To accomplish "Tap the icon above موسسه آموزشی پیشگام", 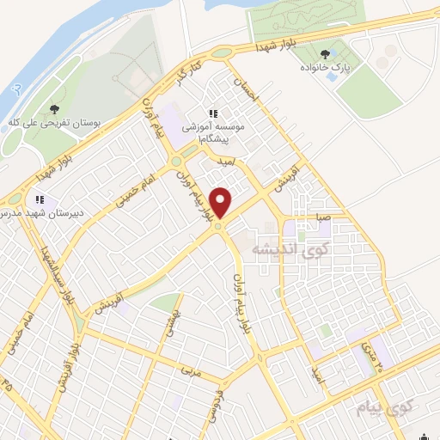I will coord(212,113).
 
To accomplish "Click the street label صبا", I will coord(321,217).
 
